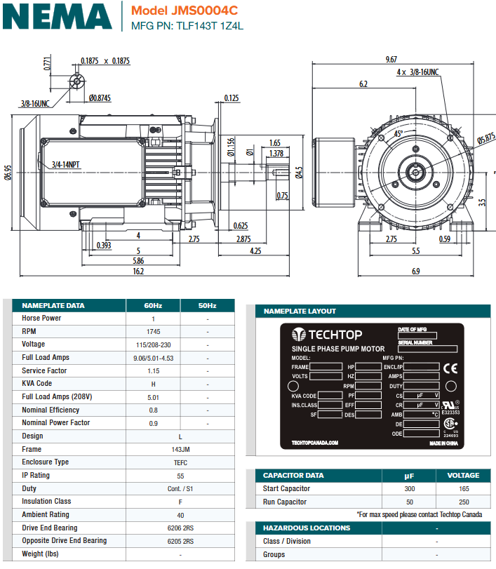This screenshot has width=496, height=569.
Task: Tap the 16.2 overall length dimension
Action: pos(138,271)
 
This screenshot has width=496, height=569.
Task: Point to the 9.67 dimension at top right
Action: pos(391,60)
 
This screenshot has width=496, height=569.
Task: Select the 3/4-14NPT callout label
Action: pos(65,165)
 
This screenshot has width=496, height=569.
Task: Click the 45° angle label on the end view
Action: pos(398,133)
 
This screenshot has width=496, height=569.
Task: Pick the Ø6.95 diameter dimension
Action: pos(8,173)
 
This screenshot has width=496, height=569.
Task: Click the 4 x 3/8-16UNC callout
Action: pos(417,72)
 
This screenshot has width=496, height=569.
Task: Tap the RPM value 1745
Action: pos(153,331)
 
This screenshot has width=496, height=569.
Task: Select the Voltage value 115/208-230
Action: pos(153,344)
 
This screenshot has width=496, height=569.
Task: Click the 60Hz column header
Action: pos(153,305)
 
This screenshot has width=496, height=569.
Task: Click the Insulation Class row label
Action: pos(47,502)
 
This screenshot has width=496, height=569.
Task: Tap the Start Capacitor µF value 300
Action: pos(410,488)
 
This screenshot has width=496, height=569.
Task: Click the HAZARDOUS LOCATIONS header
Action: pos(306,528)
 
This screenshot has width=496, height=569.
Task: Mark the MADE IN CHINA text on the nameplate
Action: pos(444,443)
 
